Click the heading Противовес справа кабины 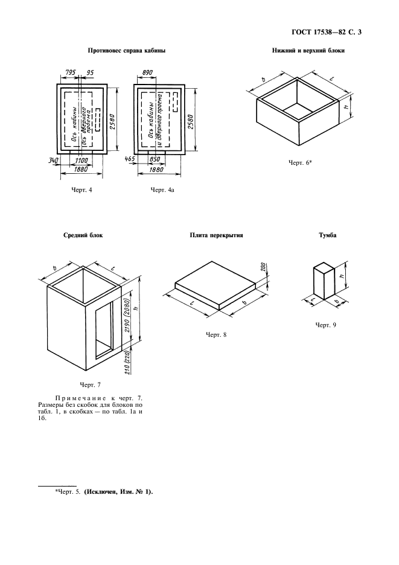tap(118, 51)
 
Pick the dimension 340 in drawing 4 tap(54, 159)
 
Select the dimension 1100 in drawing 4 tap(83, 159)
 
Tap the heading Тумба tap(327, 236)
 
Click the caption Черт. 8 tap(215, 334)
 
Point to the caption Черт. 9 tap(325, 325)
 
